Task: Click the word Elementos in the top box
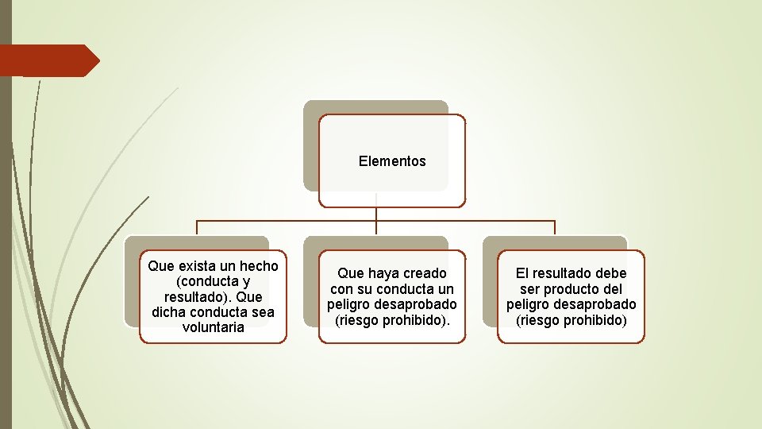[392, 161]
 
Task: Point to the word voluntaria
[213, 327]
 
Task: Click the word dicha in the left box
[167, 312]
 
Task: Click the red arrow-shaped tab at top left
[48, 60]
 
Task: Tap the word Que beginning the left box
[160, 266]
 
